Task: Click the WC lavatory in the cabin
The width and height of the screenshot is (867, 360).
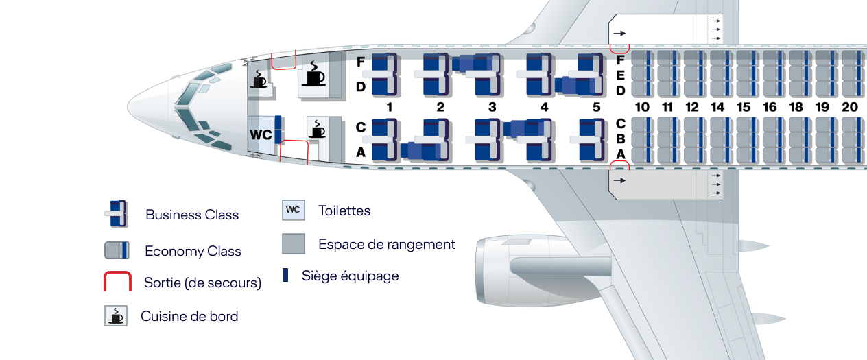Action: tap(261, 134)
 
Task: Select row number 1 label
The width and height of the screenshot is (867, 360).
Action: tap(390, 107)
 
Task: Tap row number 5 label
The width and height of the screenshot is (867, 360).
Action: tap(596, 107)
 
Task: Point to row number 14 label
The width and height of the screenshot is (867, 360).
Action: tap(717, 107)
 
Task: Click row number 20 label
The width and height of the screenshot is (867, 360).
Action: tap(850, 107)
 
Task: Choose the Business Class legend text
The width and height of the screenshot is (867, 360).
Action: tap(192, 215)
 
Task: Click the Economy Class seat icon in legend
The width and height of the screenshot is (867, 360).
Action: tap(117, 250)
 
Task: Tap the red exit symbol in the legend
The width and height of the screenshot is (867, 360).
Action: tap(117, 281)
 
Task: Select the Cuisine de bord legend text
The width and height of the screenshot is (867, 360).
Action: tap(189, 316)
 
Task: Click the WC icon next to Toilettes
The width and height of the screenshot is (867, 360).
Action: tap(293, 210)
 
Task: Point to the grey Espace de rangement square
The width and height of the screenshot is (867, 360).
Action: tap(294, 243)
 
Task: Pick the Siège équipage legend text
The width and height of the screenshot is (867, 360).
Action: tap(351, 276)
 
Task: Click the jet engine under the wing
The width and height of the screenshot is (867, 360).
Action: tap(542, 270)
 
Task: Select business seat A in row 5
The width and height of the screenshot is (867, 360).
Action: tap(591, 151)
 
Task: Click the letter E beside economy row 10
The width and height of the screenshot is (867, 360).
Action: tap(621, 75)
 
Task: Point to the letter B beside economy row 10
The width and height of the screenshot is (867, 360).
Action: tap(621, 139)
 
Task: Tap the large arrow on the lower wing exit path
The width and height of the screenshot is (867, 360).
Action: tap(619, 180)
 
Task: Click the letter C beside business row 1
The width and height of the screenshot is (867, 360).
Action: tap(360, 127)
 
